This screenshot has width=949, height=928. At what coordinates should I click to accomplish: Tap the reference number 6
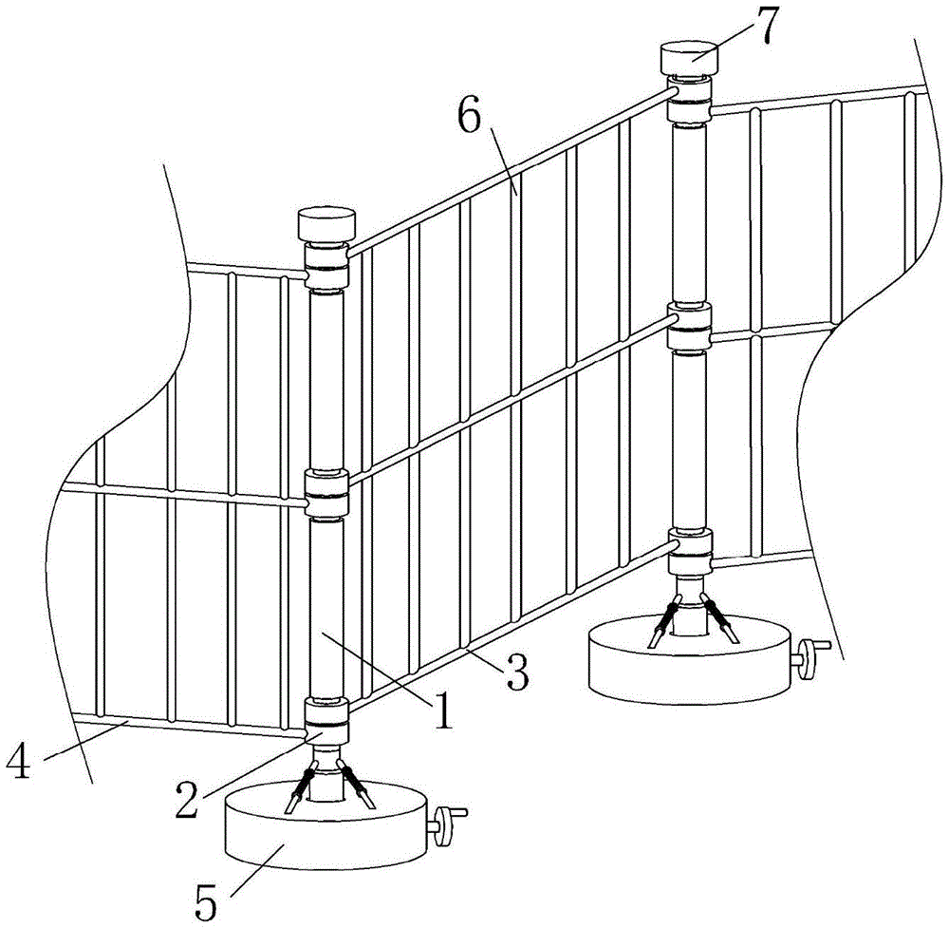point(471,120)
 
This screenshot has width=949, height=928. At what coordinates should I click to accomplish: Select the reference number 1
point(445,710)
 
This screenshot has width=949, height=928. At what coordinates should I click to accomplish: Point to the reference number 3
point(517,671)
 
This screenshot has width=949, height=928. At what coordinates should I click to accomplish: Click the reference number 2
point(187,799)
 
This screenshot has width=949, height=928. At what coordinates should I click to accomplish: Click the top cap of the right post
point(689,58)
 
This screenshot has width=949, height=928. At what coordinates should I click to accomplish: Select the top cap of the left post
point(326,223)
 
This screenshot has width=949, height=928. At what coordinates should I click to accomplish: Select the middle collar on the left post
point(326,492)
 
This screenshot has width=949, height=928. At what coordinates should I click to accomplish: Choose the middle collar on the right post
point(689,327)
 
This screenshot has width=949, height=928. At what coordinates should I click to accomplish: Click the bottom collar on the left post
point(326,720)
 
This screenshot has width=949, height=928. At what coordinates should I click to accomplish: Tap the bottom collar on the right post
point(689,551)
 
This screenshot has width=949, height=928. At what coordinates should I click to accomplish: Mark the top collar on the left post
point(326,265)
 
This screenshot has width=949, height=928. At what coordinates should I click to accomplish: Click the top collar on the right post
point(689,98)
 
